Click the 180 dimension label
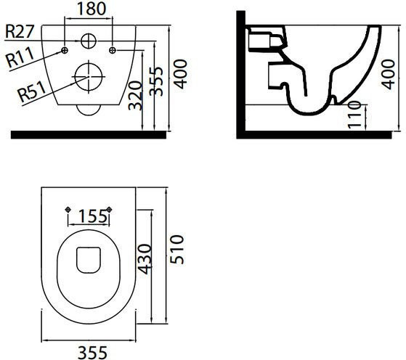(x=92, y=9)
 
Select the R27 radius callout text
(x=20, y=32)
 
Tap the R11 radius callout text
(x=20, y=57)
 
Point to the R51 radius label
(x=31, y=91)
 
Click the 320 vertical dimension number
(x=135, y=96)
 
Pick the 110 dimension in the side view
(x=354, y=115)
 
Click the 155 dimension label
(x=92, y=216)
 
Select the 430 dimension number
(x=144, y=259)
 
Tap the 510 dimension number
(x=176, y=249)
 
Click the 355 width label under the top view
(x=92, y=353)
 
